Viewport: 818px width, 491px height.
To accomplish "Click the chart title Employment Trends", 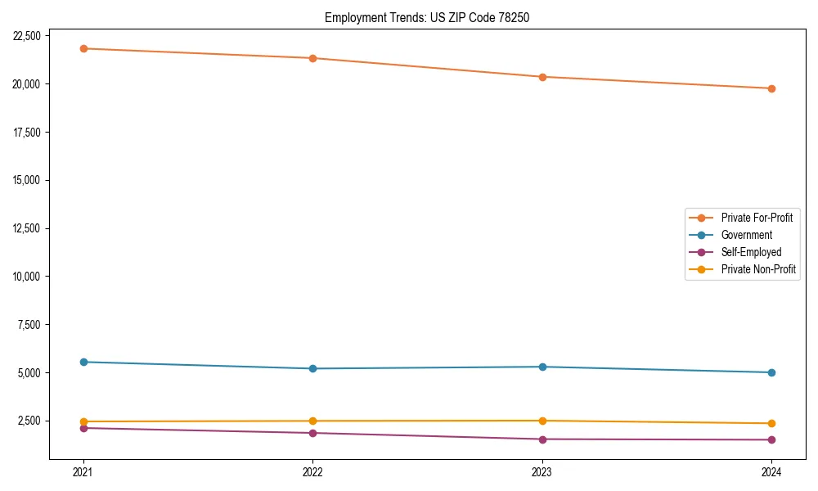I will (427, 17).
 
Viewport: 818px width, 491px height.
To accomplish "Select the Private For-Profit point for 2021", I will (83, 48).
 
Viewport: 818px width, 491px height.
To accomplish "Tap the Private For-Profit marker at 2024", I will (771, 88).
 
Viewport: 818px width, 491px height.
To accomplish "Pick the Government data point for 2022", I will (312, 368).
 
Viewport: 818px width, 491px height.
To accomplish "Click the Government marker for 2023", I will (542, 367).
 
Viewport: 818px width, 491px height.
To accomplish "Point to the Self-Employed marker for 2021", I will (83, 428).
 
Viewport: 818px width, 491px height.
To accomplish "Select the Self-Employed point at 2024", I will (771, 439).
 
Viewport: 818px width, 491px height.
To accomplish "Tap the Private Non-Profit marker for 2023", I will (542, 421).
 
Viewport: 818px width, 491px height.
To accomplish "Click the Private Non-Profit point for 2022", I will (312, 421).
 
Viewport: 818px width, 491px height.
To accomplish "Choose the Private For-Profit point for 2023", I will (542, 77).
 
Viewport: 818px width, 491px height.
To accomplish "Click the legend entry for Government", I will (746, 235).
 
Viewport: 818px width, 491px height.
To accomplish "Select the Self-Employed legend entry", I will (751, 252).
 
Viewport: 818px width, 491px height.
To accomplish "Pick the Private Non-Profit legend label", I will (758, 269).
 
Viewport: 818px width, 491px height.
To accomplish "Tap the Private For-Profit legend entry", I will (757, 218).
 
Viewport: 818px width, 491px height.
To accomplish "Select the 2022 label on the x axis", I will (312, 471).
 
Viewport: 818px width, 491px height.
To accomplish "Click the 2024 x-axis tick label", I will (771, 471).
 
